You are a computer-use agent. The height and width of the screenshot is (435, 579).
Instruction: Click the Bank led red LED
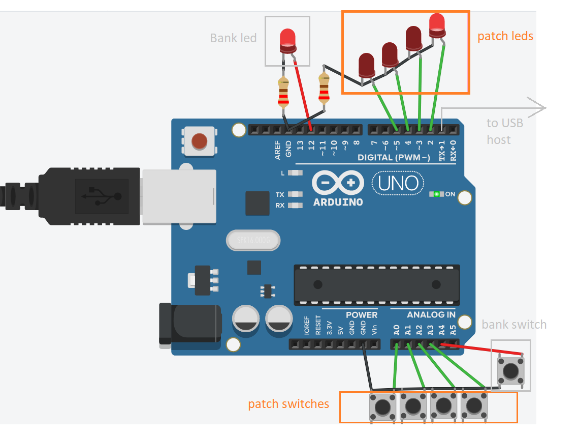(287, 40)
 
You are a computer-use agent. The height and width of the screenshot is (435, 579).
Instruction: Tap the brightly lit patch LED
(437, 24)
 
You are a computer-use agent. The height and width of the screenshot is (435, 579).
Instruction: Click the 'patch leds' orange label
(505, 36)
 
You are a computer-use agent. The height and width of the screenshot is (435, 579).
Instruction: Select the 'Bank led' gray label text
(233, 38)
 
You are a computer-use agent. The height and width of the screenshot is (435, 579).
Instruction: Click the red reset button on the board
(200, 141)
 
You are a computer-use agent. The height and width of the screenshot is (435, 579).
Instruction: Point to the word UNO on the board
(398, 183)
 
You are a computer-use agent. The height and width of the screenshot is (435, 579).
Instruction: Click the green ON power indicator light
(436, 194)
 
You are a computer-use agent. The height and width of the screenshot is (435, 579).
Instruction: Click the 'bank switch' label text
(514, 325)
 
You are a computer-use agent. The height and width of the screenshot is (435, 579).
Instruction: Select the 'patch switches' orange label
(288, 404)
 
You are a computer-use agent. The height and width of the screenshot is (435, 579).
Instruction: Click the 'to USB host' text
(504, 131)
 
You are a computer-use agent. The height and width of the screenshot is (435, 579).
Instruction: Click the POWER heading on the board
(361, 314)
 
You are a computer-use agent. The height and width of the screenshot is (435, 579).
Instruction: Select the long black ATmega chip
(376, 284)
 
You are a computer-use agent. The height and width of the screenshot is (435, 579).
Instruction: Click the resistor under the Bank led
(283, 93)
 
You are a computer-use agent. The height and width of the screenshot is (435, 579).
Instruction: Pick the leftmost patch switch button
(382, 407)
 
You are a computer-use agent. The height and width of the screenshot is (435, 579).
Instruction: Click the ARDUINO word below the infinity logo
(338, 202)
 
